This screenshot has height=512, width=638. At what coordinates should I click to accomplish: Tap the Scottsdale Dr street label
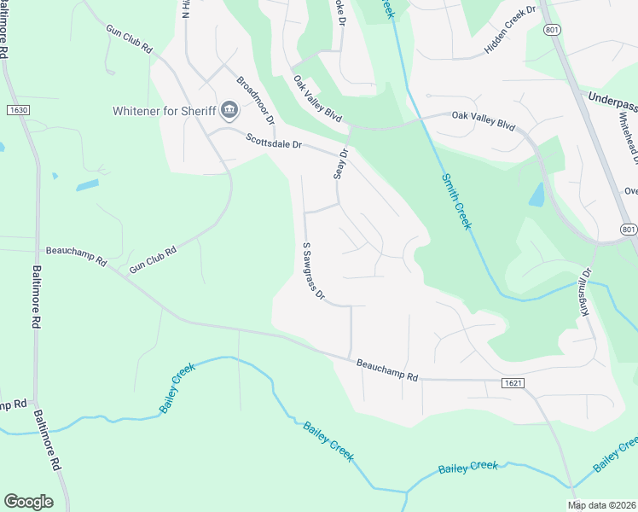[x=274, y=141]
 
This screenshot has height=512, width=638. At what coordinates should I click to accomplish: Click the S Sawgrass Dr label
[x=313, y=271]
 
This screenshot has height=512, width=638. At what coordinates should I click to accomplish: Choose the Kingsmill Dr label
[x=586, y=294]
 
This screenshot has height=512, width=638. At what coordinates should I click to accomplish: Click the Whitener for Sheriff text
[x=165, y=111]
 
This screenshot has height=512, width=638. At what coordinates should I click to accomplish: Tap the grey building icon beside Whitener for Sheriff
[x=229, y=110]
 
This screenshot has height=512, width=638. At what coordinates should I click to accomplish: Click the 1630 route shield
[x=18, y=110]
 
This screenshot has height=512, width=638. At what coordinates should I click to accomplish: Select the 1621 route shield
[x=509, y=386]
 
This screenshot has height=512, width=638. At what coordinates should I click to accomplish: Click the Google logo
[x=28, y=501]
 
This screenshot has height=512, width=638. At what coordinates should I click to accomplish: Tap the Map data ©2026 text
[x=602, y=504]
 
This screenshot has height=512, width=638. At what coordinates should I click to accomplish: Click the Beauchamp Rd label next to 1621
[x=388, y=370]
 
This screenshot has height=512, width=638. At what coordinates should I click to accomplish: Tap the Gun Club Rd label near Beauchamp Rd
[x=153, y=260]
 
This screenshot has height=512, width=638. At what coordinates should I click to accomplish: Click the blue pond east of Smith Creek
[x=536, y=195]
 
